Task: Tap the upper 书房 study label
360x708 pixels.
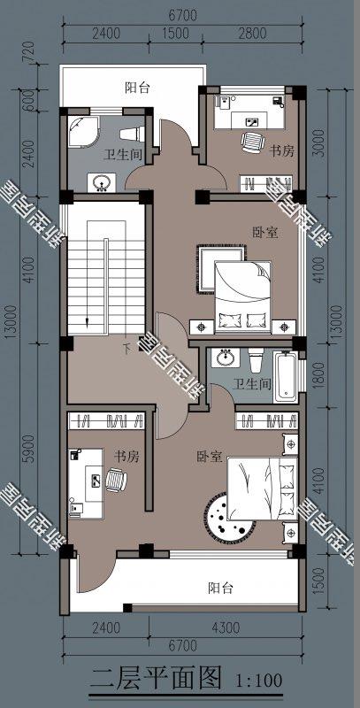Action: pyautogui.click(x=281, y=151)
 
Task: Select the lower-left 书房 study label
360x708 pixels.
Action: pyautogui.click(x=126, y=457)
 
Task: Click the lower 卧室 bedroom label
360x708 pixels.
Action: pyautogui.click(x=210, y=457)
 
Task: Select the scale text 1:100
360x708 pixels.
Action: pyautogui.click(x=260, y=681)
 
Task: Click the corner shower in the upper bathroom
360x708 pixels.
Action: pyautogui.click(x=84, y=131)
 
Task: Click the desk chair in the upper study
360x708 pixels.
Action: pyautogui.click(x=253, y=141)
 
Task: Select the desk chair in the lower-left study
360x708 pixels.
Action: pyautogui.click(x=116, y=480)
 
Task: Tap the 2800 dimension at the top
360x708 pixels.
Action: pyautogui.click(x=252, y=35)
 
